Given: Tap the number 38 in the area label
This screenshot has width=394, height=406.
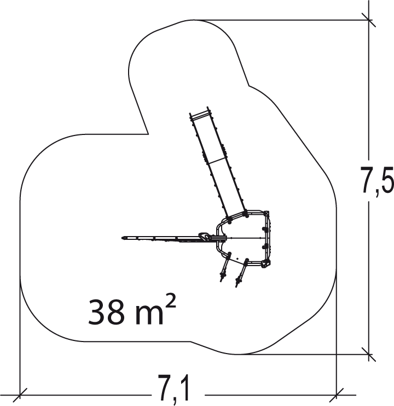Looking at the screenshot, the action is [x=106, y=312].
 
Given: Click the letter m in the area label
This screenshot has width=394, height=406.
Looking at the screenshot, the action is [x=149, y=315].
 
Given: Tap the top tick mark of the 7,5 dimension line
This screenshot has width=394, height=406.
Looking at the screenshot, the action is [x=369, y=20].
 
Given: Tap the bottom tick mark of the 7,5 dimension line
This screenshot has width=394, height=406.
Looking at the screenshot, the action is [x=369, y=355].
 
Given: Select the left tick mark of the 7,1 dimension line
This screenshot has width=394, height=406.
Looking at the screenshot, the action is [x=20, y=396].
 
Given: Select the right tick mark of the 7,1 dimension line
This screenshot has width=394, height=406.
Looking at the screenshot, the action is [x=337, y=396].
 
